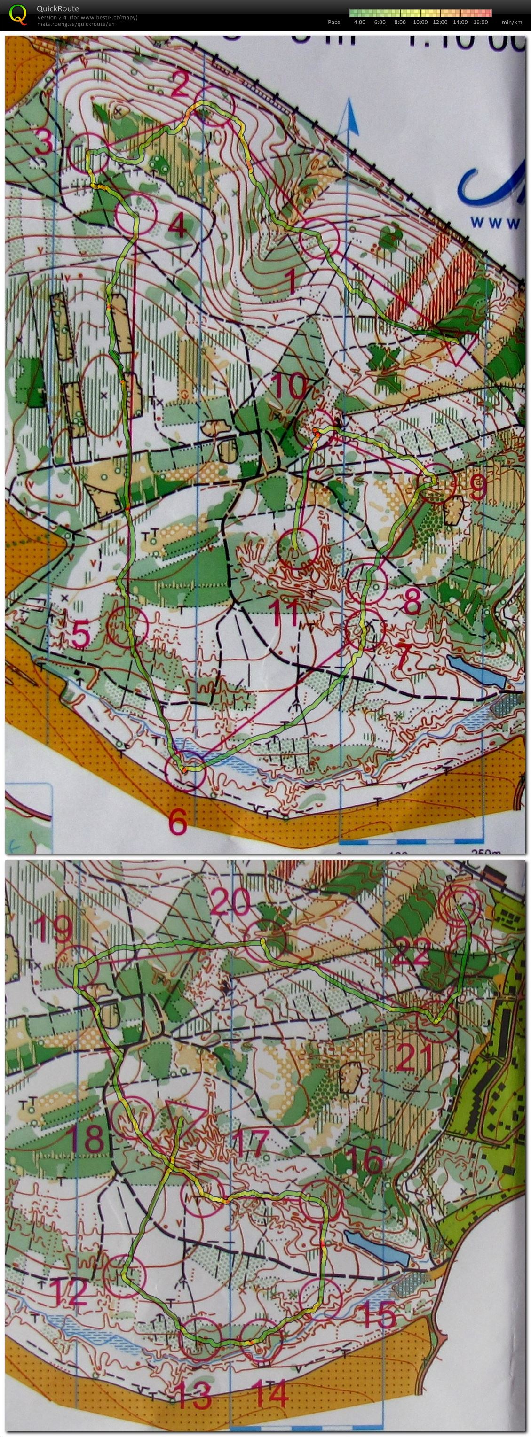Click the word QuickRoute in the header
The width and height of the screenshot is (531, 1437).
click(x=57, y=8)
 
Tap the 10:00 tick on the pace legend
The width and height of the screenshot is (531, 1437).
click(x=420, y=23)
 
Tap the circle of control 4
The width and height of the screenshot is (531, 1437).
click(x=135, y=214)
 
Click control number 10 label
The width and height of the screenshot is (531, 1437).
click(x=290, y=386)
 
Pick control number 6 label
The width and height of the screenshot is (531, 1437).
click(x=178, y=822)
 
